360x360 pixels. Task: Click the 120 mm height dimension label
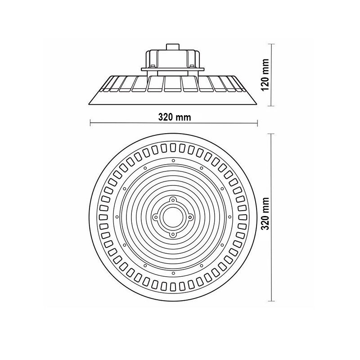tap(266, 74)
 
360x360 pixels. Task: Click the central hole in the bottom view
tap(173, 216)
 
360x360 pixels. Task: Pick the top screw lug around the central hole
tap(173, 199)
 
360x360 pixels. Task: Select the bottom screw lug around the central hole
tap(173, 234)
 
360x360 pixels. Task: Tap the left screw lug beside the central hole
tap(156, 216)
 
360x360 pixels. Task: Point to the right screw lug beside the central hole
tap(190, 216)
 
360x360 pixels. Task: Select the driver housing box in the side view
tap(173, 58)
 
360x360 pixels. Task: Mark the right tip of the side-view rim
tap(257, 102)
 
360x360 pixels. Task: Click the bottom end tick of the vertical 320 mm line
tap(271, 301)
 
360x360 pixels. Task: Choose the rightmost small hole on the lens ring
tap(232, 216)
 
